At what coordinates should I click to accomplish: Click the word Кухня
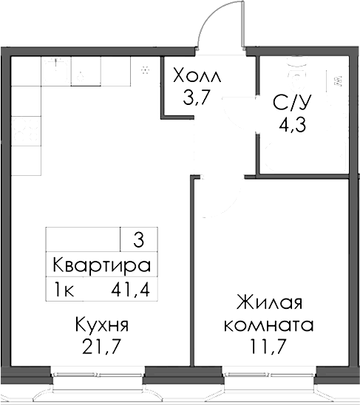coord(102,324)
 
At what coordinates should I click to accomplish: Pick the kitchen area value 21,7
coord(102,346)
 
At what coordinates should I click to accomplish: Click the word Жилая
coord(269,304)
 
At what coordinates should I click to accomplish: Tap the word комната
coord(268,324)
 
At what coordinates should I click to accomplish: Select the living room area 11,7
coord(268,346)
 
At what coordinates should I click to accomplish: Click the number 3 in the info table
coord(138,239)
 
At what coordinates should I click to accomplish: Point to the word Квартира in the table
coord(102,265)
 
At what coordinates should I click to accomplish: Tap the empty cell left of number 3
coord(83,239)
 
